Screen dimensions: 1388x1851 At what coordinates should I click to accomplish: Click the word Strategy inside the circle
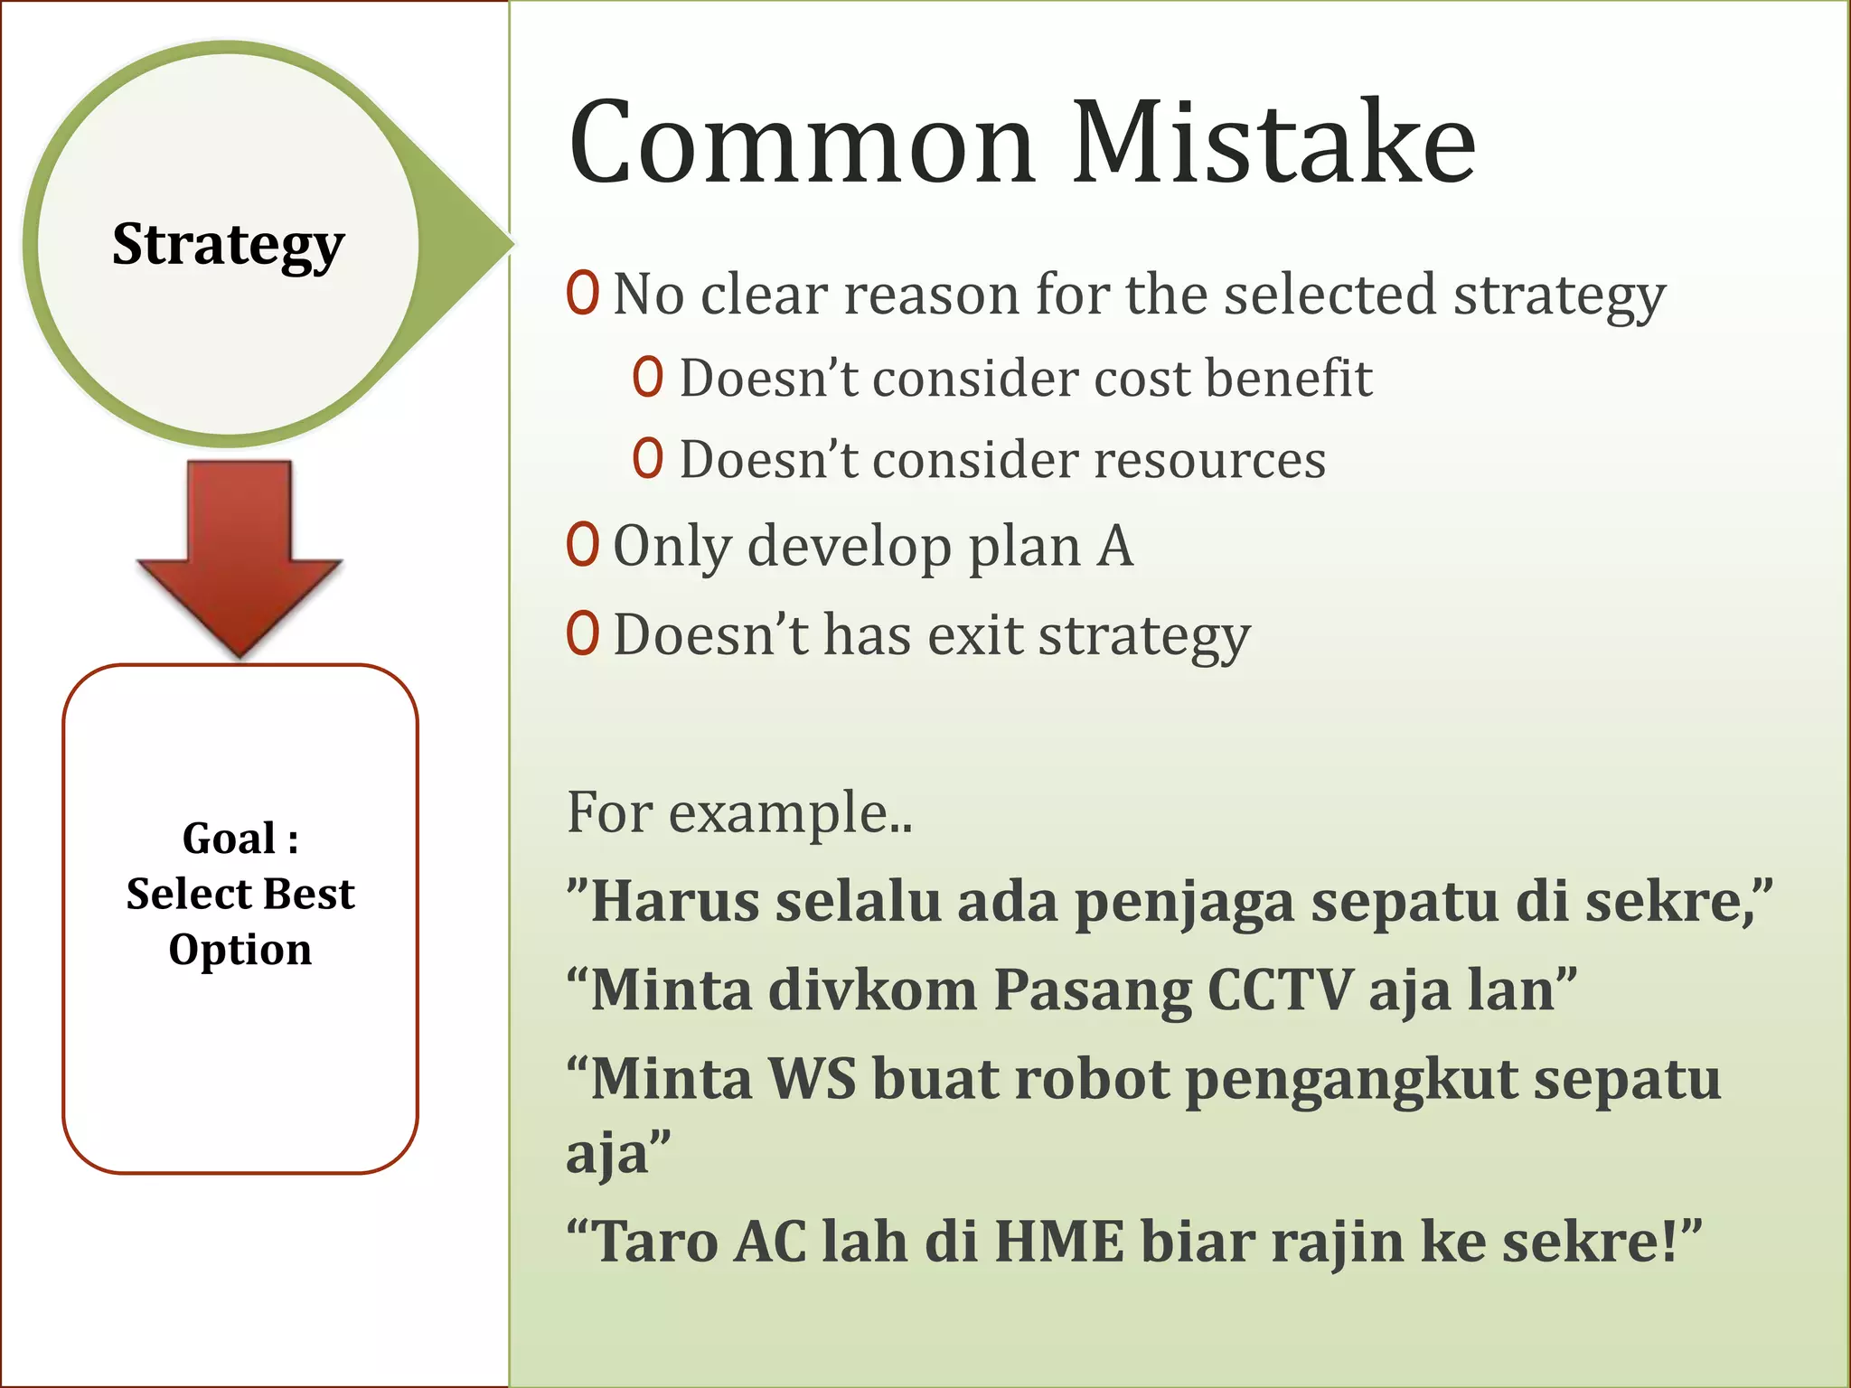tap(228, 245)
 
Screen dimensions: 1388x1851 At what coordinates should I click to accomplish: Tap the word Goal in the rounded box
tap(229, 839)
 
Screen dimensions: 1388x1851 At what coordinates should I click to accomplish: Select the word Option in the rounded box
tap(240, 951)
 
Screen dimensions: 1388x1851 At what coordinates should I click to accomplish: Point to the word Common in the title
tap(801, 143)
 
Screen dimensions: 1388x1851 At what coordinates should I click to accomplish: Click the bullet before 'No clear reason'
tap(583, 293)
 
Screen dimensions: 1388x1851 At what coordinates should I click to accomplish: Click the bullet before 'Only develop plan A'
tap(583, 545)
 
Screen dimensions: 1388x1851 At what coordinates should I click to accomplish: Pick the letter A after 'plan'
tap(1115, 547)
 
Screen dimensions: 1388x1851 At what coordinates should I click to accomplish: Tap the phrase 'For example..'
tap(739, 811)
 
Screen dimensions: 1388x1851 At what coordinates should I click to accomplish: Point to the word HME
tap(1059, 1241)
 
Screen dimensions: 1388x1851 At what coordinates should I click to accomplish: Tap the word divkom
tap(873, 989)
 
